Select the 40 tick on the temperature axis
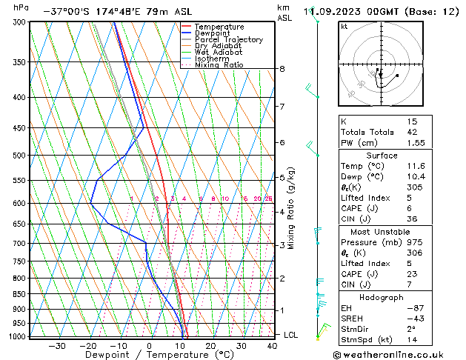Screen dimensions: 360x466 pyautogui.click(x=273, y=345)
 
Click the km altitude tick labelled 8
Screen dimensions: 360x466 pyautogui.click(x=282, y=69)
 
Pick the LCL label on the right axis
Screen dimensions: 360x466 pyautogui.click(x=291, y=335)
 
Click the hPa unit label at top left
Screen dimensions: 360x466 pyautogui.click(x=21, y=8)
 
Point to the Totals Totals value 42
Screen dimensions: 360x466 pyautogui.click(x=412, y=132)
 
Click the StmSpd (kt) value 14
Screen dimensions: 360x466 pyautogui.click(x=412, y=341)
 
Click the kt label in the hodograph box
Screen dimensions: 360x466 pyautogui.click(x=344, y=26)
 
